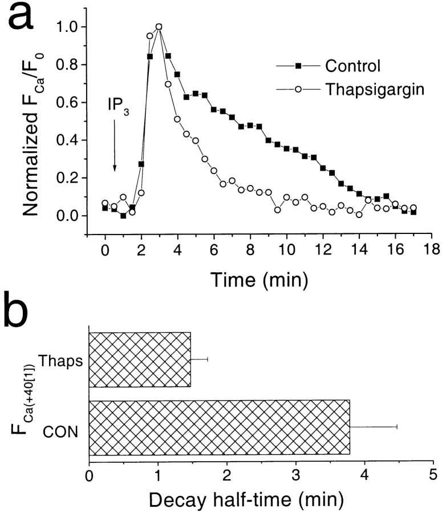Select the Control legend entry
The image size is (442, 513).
[352, 66]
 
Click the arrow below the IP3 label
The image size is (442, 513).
[115, 146]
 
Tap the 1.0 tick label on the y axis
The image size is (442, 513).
[70, 27]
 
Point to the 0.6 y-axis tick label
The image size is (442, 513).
[70, 103]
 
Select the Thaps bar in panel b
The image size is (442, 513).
[140, 359]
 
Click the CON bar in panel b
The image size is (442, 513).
[220, 427]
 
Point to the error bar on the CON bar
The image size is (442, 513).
[374, 427]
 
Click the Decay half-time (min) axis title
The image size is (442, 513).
[246, 500]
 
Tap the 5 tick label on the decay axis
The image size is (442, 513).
[432, 475]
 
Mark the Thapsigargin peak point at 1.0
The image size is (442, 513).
[159, 27]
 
